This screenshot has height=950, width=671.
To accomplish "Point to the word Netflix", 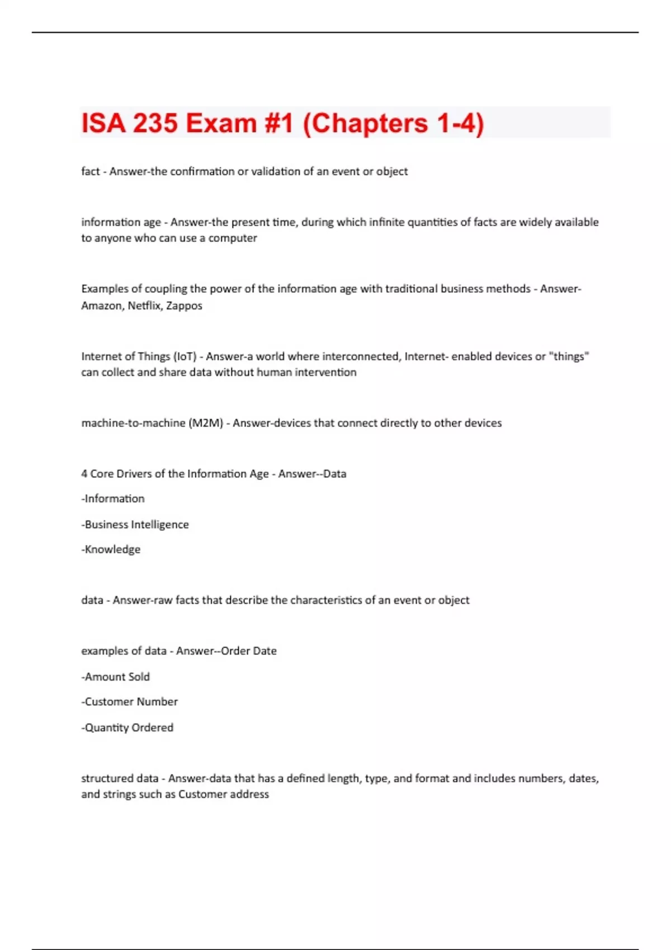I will point(144,306).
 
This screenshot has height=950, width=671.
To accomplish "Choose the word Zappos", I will point(184,306).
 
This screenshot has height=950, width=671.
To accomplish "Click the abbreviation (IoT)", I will point(185,357).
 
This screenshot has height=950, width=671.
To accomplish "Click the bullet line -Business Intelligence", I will point(135,525).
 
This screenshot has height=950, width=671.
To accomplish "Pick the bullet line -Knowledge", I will point(111,549).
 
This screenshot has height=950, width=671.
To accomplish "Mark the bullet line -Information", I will point(113,498).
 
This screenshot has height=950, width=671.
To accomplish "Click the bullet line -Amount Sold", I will point(116,677).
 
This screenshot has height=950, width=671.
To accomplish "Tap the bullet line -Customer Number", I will point(130,702).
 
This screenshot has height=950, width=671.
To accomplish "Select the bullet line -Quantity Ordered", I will point(127,728).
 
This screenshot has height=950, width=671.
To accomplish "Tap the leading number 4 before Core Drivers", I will point(84,474).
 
